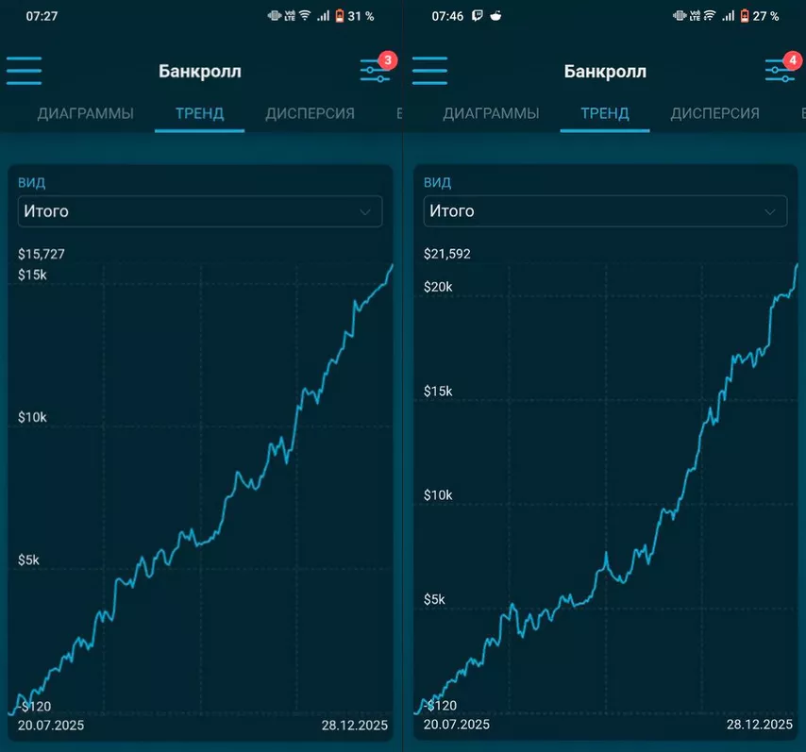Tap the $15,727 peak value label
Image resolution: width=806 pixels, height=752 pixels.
point(42,254)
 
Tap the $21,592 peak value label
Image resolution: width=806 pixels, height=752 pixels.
point(447,254)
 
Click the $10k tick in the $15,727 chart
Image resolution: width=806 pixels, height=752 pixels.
point(35,417)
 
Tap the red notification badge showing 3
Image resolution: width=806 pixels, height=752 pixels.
point(387,60)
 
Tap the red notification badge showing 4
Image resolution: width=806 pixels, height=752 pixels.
point(793,60)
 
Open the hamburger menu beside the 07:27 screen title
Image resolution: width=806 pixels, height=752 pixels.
point(25,71)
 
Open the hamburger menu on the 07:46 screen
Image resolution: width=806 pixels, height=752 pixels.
point(429,71)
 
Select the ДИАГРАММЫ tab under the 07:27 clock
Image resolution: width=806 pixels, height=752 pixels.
point(86,113)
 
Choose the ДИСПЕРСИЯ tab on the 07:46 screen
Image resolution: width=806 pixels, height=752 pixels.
point(714,113)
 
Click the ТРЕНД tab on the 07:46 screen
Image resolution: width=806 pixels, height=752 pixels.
point(604,113)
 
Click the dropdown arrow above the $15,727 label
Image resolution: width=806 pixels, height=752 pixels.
point(364,212)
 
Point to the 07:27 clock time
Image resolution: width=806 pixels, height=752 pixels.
point(41,16)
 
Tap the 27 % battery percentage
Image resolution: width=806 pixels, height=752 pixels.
point(766,16)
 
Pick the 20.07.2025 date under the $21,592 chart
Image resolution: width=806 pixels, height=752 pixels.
point(457,725)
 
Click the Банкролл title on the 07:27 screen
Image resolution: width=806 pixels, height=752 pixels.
point(200,72)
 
